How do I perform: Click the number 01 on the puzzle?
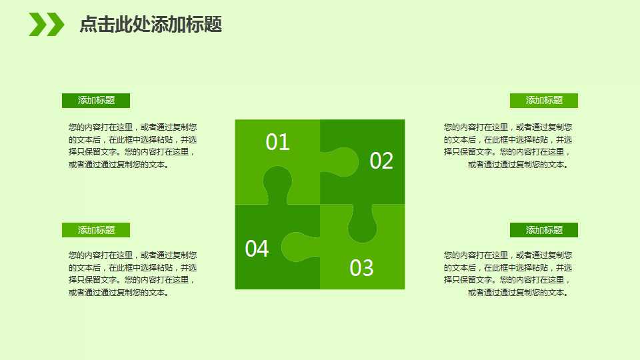click(x=277, y=142)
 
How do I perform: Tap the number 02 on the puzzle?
click(x=381, y=161)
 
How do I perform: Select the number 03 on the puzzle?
click(x=362, y=268)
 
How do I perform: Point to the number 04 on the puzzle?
click(x=257, y=249)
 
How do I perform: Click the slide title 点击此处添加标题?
click(x=150, y=25)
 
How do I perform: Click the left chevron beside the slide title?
click(x=37, y=25)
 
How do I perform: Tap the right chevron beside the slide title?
click(x=55, y=25)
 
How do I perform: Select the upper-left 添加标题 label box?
click(x=96, y=101)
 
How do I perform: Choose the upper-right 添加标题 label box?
click(x=544, y=101)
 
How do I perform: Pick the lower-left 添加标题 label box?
click(x=96, y=230)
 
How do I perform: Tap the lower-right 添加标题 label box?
click(x=544, y=230)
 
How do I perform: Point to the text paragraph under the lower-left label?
click(x=133, y=273)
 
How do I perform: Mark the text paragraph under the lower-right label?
click(x=508, y=273)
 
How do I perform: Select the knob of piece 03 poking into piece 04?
click(x=297, y=247)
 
